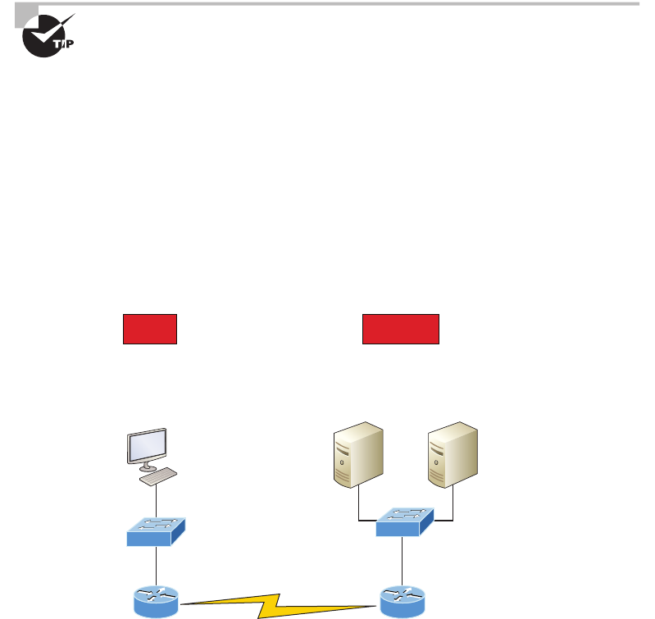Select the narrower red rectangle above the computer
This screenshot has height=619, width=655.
(150, 328)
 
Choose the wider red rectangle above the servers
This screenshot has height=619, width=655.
(401, 328)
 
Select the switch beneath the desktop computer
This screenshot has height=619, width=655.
(156, 531)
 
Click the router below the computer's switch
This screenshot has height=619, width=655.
(156, 602)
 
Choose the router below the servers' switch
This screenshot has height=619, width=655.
(402, 602)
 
